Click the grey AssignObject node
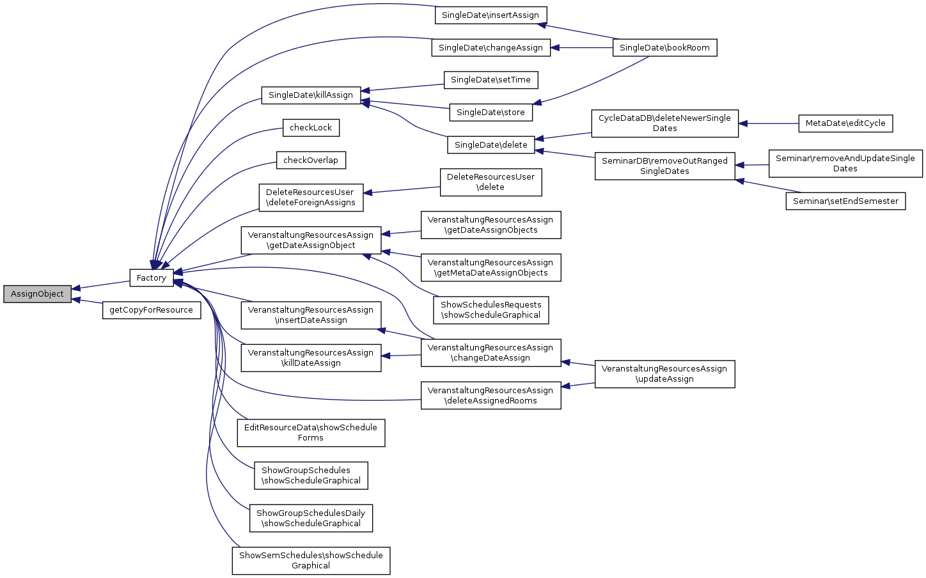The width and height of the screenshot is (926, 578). (37, 294)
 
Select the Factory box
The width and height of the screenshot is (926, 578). (152, 277)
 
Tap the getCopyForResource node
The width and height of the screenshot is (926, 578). (152, 310)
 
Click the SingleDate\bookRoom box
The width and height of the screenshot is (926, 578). (664, 48)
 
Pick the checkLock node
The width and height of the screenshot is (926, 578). (311, 128)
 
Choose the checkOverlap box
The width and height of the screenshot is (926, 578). (311, 160)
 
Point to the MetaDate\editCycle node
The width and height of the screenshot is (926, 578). (845, 123)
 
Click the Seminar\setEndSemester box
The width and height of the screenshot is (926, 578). (845, 201)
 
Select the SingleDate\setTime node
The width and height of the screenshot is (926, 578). (490, 80)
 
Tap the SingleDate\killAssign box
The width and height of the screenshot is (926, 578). (311, 95)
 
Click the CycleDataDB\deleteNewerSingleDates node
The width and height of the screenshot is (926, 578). (664, 123)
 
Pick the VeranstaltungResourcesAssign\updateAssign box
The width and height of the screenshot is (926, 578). (664, 374)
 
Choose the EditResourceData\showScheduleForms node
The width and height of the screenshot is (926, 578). (311, 433)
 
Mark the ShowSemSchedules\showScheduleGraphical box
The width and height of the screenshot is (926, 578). (311, 561)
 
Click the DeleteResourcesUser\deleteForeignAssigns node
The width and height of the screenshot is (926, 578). (311, 198)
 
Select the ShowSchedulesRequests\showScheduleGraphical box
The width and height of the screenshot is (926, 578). (490, 310)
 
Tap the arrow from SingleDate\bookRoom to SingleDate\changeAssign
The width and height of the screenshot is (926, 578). (582, 48)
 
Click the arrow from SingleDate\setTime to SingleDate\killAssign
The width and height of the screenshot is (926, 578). (403, 88)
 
